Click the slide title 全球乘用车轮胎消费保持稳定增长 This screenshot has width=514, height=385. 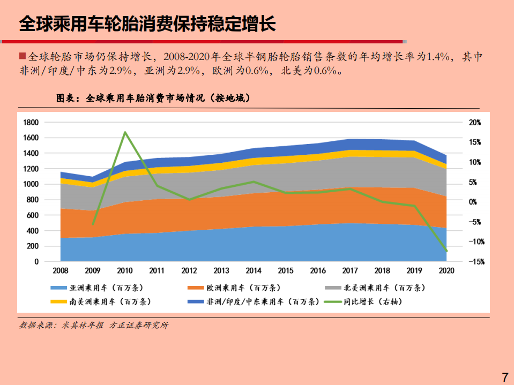pyautogui.click(x=147, y=24)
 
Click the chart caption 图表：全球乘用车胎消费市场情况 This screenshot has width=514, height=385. pyautogui.click(x=153, y=99)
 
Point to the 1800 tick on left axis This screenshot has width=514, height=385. pyautogui.click(x=31, y=123)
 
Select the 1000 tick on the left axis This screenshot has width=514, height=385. pyautogui.click(x=31, y=184)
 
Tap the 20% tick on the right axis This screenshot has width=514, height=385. pyautogui.click(x=475, y=123)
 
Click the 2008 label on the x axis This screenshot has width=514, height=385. pyautogui.click(x=60, y=271)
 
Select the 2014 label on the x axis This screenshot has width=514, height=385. pyautogui.click(x=254, y=271)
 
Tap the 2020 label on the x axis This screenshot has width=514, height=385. pyautogui.click(x=446, y=271)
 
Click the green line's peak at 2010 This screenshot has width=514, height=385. pyautogui.click(x=125, y=132)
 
